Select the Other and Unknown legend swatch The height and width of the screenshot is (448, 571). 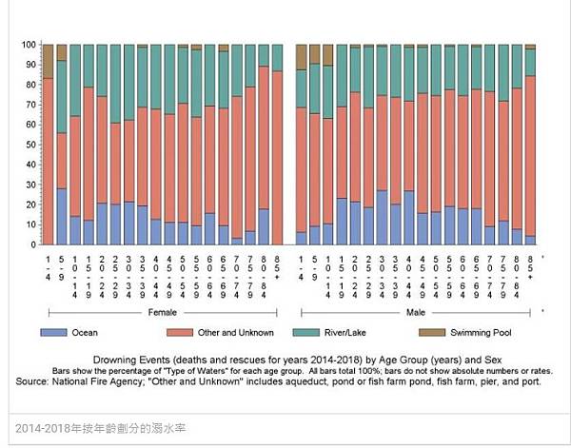coord(184,333)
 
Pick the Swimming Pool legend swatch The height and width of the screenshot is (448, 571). coord(434,333)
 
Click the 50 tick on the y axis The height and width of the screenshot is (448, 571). coord(32,145)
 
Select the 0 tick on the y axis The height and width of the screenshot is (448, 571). coord(35,244)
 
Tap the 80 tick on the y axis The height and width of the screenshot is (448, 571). coord(32,85)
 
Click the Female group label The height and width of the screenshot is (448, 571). coord(162,311)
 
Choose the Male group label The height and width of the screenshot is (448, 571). coord(417,311)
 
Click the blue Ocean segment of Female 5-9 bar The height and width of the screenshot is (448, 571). coord(61,217)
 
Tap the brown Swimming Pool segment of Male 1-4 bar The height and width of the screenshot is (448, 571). coord(302,56)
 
